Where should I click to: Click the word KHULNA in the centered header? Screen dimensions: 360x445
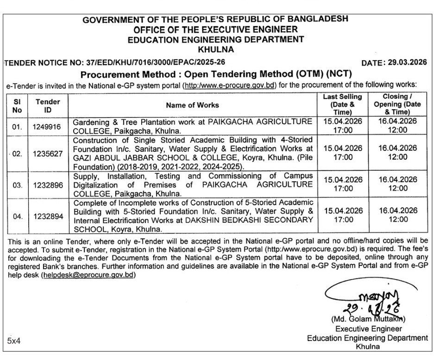coord(216,49)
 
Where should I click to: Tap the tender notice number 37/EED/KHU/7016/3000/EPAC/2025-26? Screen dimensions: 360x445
coord(151,62)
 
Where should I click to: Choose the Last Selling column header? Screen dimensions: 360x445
coord(343,105)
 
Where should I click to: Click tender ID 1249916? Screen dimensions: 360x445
coord(48,126)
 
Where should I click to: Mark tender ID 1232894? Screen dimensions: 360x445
coord(48,215)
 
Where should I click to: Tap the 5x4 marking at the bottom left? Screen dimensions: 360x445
coord(14,341)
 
